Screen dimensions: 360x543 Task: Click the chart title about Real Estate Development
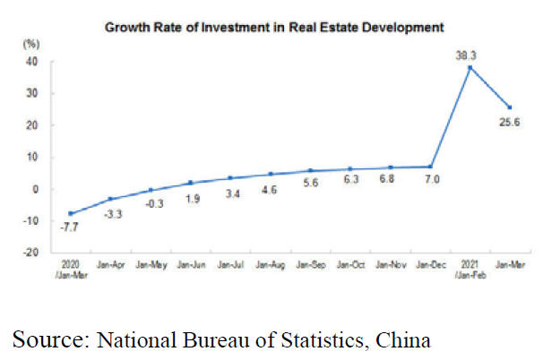pos(274,27)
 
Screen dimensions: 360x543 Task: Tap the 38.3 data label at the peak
pos(464,55)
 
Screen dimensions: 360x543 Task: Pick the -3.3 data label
pos(110,215)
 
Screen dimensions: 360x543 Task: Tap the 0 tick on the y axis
pos(35,189)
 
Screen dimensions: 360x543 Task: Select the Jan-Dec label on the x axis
pos(428,264)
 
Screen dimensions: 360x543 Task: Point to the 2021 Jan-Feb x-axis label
pos(468,268)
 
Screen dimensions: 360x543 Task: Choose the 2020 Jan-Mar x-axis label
pos(71,268)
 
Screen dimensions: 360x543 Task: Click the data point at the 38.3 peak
pos(468,67)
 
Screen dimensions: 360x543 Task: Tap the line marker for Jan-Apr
pos(110,199)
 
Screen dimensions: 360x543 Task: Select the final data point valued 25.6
pos(507,107)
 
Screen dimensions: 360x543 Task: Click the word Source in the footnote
pos(43,339)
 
